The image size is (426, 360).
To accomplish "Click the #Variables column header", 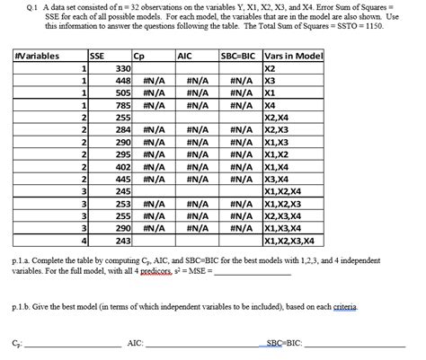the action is tap(38, 56).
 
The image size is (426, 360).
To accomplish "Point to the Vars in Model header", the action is tap(293, 56).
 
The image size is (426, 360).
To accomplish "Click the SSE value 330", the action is tap(123, 68).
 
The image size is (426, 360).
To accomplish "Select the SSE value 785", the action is tap(123, 105).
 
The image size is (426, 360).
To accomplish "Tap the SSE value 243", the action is tap(123, 241).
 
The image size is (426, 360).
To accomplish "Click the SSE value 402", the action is tap(123, 166).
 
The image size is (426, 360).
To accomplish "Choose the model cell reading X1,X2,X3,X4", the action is tap(288, 241).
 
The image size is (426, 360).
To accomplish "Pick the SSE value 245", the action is tap(123, 191).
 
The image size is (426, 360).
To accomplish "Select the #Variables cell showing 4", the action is tap(84, 241).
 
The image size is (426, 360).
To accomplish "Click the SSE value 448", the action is tap(123, 81).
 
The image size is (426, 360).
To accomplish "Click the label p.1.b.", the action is tap(24, 306).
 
